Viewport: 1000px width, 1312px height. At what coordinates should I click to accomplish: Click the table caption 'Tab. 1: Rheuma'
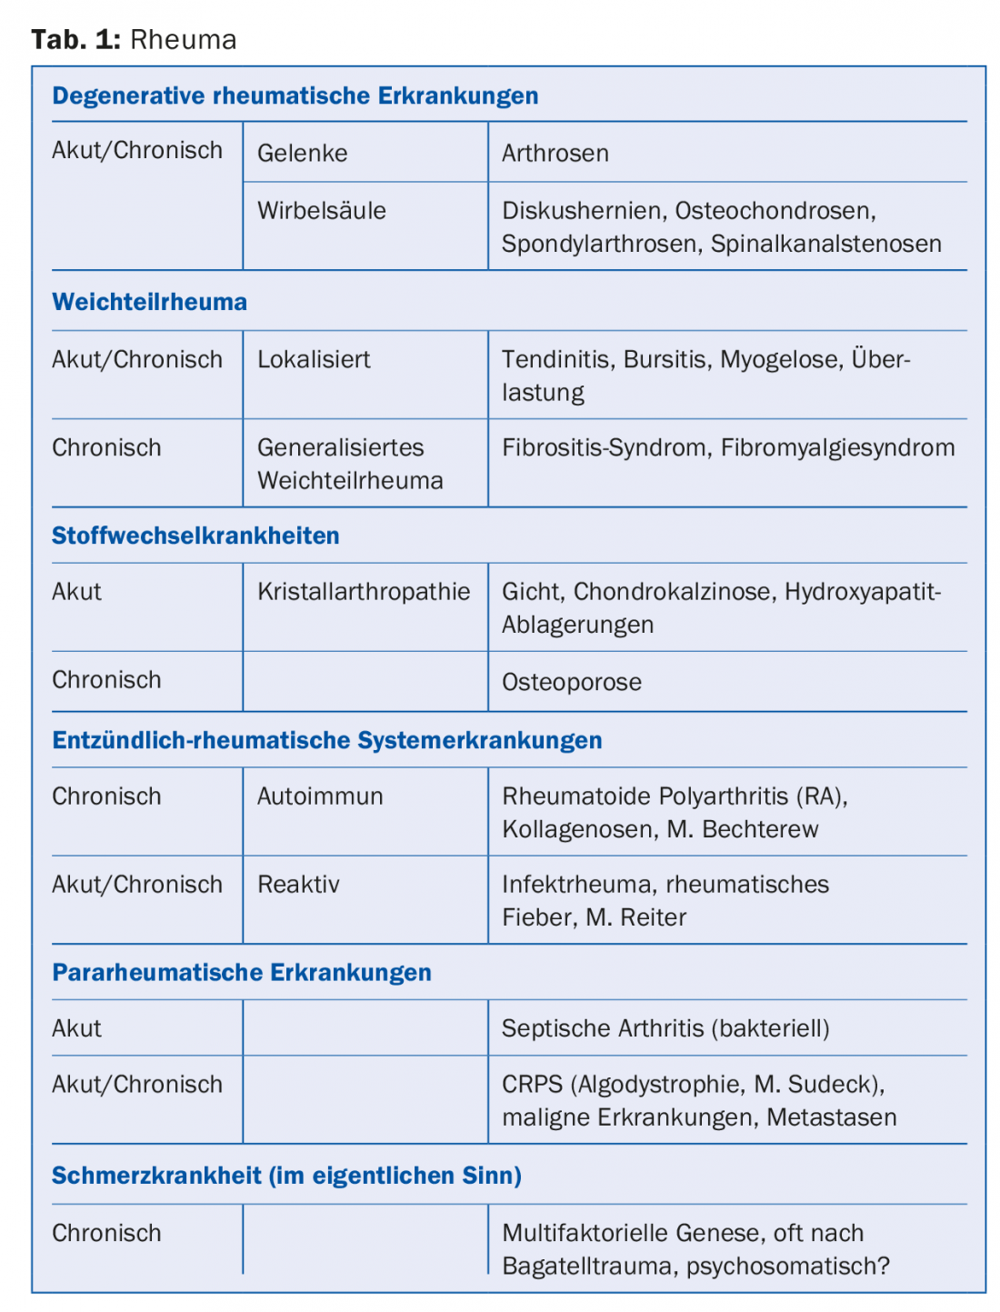134,39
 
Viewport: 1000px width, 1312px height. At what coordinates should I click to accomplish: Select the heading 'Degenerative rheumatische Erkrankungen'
295,95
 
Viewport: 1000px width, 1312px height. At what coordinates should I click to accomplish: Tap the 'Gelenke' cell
302,153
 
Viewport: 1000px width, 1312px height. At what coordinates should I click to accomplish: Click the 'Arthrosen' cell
555,153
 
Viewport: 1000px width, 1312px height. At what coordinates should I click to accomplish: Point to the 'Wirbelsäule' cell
321,211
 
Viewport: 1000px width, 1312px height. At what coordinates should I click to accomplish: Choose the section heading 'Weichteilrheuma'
149,302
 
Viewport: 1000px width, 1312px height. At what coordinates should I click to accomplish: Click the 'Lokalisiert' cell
314,359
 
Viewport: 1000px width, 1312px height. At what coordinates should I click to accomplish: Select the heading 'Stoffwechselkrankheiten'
195,536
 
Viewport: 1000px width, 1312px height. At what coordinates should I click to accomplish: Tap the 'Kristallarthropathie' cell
363,592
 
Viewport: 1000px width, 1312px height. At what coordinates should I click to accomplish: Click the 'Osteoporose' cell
571,682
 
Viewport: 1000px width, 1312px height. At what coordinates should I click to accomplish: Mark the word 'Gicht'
531,592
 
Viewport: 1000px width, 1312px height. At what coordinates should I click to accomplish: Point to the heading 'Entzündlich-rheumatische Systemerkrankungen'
326,740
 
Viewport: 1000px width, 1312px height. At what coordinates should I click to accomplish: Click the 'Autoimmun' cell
320,796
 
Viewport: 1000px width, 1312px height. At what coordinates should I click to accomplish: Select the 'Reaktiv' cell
298,885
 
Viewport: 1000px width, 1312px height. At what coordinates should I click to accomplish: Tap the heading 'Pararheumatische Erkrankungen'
241,972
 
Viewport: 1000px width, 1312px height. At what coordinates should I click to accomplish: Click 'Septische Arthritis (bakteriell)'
665,1028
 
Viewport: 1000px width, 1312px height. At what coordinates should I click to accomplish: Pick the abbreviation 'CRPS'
532,1085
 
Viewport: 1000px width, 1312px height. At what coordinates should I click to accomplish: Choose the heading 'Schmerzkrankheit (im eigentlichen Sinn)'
286,1176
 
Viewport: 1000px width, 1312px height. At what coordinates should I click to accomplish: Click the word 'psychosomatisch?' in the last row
787,1266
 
